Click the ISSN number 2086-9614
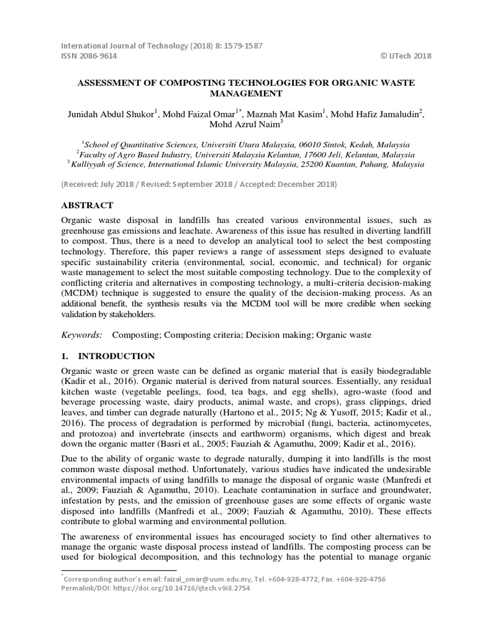99,56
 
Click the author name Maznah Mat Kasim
287,114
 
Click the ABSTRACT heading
87,205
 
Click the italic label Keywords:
81,335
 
